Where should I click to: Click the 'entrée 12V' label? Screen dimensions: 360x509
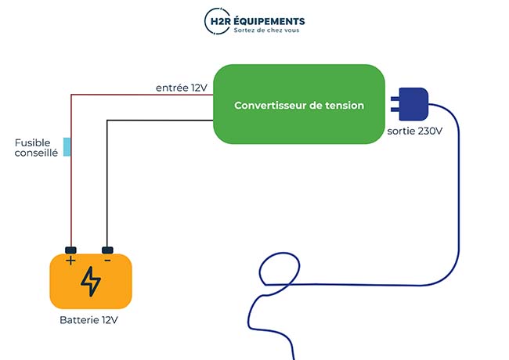[x=181, y=88]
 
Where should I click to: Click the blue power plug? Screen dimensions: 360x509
[x=413, y=103]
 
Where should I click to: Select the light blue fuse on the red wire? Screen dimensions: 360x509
[x=67, y=146]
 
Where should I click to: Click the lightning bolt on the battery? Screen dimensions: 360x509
[x=91, y=282]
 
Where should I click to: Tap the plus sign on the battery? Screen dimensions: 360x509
[x=70, y=261]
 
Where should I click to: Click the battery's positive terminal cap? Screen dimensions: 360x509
[x=70, y=250]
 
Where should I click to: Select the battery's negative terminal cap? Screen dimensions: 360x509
[x=107, y=250]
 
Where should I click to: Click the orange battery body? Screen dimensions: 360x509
[x=117, y=290]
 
